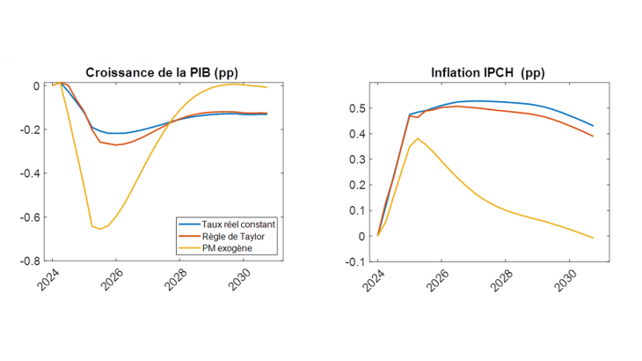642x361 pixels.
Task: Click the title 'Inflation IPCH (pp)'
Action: [x=488, y=71]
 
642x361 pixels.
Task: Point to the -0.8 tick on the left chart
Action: [x=29, y=262]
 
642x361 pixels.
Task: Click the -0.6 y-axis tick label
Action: [x=29, y=217]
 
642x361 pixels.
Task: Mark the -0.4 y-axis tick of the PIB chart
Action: [x=29, y=173]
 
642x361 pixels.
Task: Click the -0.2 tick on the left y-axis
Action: [x=29, y=129]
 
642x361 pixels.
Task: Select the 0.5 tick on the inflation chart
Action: [x=355, y=108]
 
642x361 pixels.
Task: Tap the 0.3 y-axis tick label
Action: [x=355, y=159]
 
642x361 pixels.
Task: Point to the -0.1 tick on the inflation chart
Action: [x=354, y=262]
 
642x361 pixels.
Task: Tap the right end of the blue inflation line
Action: [x=593, y=126]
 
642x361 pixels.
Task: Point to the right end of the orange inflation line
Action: [x=593, y=136]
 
